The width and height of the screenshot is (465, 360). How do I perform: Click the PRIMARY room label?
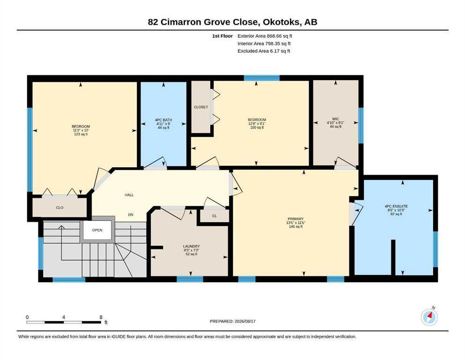coord(295,219)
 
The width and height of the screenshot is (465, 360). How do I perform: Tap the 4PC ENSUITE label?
coord(396,206)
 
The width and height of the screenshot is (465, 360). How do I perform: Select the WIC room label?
coord(335,119)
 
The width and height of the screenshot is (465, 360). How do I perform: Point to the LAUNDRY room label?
coord(191,247)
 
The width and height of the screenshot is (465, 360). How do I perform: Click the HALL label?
coord(129,195)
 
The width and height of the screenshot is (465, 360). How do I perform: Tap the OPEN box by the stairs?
coord(97,230)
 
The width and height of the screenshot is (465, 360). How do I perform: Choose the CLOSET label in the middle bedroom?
coord(201,107)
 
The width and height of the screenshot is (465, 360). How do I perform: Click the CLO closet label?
coord(59,208)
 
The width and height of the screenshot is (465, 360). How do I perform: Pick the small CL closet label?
coord(214,216)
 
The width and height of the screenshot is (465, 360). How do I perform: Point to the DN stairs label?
coord(131,215)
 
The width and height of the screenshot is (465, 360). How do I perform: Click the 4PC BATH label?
coord(163,120)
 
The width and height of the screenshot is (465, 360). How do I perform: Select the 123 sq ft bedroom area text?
coord(81,134)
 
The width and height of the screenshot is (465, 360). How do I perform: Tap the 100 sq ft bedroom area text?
coord(257,127)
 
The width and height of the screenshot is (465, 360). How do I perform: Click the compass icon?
coord(429,317)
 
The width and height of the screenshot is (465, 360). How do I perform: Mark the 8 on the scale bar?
coord(101,317)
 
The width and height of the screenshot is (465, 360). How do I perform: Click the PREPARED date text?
coord(232,321)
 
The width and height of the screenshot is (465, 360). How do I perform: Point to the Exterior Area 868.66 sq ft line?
coord(265,36)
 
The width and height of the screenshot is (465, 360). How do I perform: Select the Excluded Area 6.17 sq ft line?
coord(264,51)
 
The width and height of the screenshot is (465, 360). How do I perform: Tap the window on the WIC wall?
coord(361,126)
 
